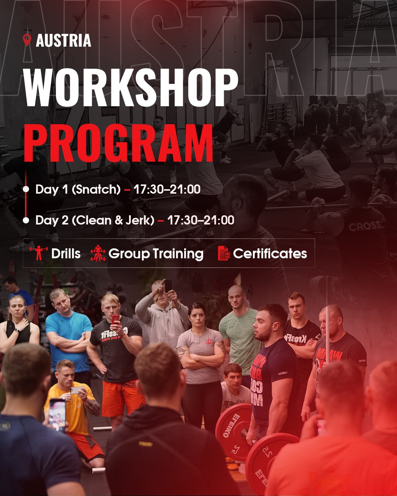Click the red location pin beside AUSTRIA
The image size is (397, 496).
[27, 40]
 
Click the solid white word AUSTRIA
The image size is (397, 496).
[64, 40]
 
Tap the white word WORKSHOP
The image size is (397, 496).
[131, 87]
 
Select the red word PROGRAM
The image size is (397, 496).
[118, 143]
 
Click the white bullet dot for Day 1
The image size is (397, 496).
[26, 189]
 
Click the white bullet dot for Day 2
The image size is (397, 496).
[26, 220]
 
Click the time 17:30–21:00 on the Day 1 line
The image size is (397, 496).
[167, 189]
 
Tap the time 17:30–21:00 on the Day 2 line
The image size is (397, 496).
[201, 220]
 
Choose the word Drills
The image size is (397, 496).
[66, 254]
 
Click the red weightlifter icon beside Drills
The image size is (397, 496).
[39, 253]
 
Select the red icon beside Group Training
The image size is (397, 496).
[98, 253]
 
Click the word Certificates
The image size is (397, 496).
[270, 254]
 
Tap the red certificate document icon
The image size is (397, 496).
[224, 253]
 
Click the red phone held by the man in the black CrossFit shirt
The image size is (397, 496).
[115, 319]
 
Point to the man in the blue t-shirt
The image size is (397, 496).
[68, 334]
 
